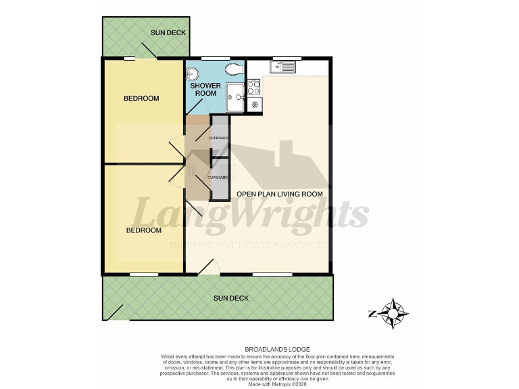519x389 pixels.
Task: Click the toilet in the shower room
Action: pos(234,70)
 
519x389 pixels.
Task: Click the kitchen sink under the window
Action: pos(282,67)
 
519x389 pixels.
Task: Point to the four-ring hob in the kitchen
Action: pos(255,86)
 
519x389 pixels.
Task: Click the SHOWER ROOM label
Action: pos(205,89)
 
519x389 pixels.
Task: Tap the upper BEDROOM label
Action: pos(141,99)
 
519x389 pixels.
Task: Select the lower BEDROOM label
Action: pos(144,230)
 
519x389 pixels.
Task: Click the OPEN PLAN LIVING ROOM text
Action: pos(279,194)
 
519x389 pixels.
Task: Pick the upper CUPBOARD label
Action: pos(219,138)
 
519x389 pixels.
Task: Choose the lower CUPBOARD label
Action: pos(218,177)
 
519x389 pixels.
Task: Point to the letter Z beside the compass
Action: pos(372,313)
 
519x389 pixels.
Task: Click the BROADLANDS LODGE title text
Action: pos(259,349)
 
